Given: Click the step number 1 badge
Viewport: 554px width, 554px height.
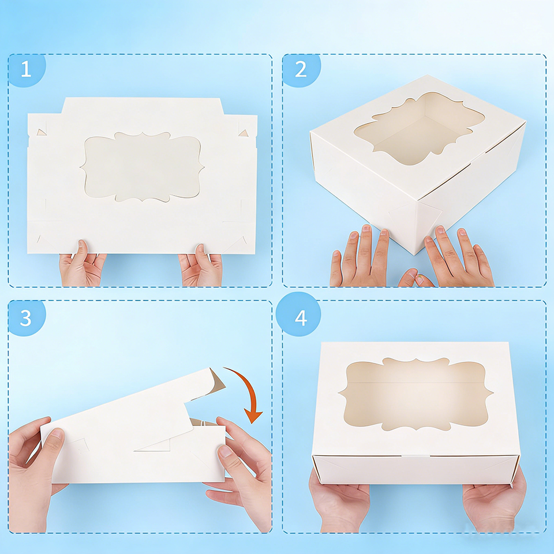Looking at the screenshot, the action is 26,69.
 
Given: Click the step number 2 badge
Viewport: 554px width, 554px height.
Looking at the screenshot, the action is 301,69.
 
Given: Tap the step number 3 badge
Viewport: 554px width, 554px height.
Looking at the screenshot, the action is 26,317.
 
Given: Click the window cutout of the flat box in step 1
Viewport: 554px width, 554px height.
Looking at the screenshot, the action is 142,167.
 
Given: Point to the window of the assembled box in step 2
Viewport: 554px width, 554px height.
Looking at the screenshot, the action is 419,128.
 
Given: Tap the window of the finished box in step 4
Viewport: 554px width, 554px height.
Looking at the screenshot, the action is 416,394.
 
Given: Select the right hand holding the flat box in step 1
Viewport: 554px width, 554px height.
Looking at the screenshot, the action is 201,265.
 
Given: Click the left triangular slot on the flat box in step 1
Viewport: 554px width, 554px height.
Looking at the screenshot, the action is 42,132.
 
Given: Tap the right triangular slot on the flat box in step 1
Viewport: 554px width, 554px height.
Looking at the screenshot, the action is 243,133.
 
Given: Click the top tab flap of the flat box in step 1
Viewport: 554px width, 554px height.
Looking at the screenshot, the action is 142,106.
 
